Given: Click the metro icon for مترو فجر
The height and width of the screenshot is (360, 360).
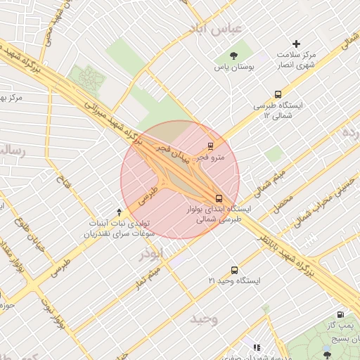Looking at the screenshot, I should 209,146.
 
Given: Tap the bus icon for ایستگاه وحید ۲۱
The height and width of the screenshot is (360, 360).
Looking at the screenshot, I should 234,270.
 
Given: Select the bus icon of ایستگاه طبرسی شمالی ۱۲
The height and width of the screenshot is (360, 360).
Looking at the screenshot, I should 279,94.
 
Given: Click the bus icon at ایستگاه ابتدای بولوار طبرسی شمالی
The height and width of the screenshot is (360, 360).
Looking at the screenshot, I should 219,198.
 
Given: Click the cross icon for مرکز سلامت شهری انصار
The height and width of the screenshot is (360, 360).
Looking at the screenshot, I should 296,44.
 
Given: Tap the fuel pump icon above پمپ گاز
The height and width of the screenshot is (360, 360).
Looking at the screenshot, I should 340,315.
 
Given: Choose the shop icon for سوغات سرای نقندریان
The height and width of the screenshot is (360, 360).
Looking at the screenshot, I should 119,212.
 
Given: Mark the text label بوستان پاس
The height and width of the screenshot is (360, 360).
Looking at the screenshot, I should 233,69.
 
